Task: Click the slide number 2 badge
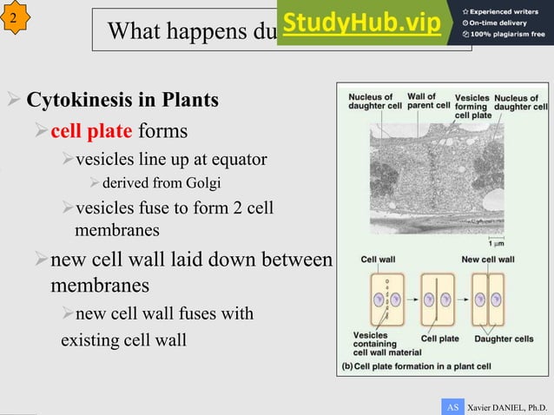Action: click(14, 17)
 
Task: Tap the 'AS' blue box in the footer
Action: click(452, 406)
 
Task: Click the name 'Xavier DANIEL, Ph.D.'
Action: click(508, 406)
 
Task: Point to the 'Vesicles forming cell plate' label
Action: click(472, 106)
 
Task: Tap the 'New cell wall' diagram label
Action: click(488, 259)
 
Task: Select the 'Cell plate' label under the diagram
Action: click(440, 339)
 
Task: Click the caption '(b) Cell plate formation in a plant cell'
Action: click(416, 366)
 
